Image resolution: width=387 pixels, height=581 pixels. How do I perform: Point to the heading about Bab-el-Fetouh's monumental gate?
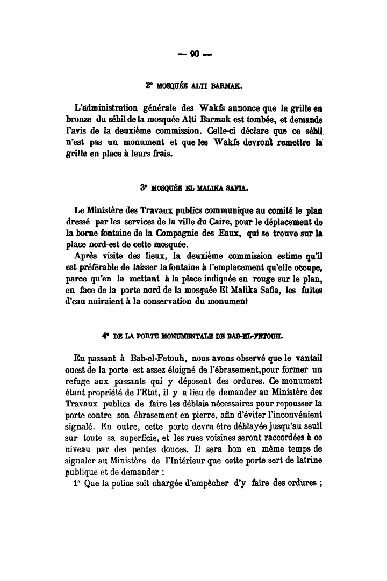tap(192, 337)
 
